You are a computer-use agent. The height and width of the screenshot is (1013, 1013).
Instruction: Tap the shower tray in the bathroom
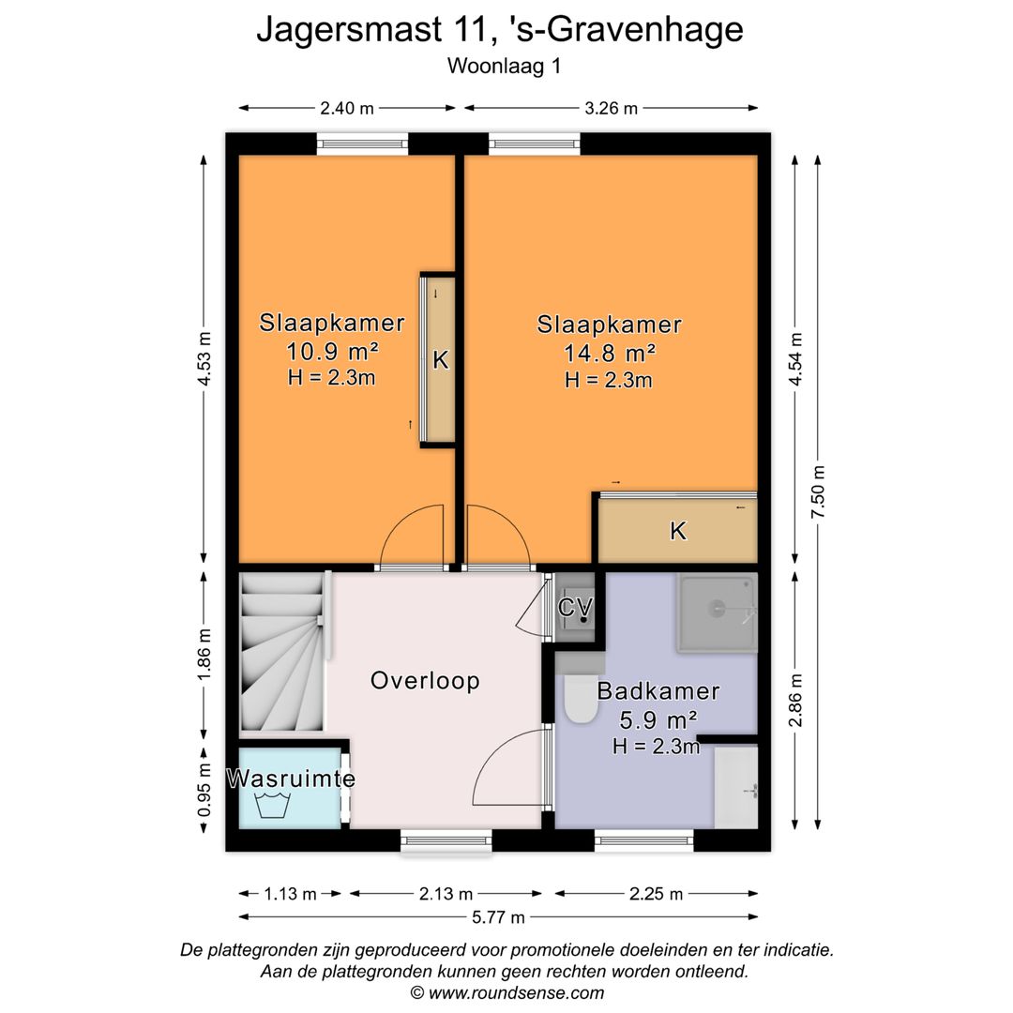coord(718,612)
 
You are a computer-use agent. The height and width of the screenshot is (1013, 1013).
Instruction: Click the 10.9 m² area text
coord(332,352)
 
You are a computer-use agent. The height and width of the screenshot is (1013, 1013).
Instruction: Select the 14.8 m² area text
coord(609,354)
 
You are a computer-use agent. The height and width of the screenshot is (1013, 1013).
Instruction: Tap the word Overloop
coord(425,681)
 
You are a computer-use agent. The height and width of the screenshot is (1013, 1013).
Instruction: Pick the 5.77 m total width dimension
coord(498,917)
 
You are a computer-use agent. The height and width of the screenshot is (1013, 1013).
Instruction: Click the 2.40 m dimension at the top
coord(347,108)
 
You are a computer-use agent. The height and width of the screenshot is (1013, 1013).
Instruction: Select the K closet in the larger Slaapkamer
coord(678,532)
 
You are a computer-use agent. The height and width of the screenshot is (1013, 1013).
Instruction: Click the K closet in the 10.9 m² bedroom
coord(439,360)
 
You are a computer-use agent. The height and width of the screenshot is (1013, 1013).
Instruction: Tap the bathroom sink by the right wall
coord(736,788)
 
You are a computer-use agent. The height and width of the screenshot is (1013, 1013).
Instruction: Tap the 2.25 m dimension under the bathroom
coord(657,894)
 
